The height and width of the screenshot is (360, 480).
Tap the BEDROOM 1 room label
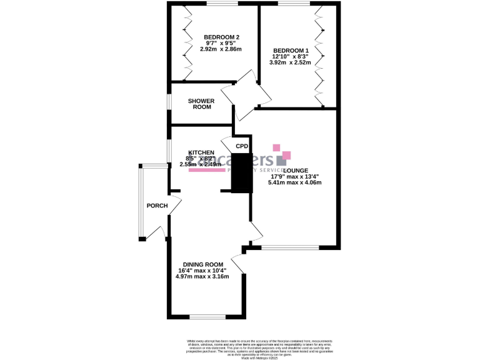click(x=291, y=51)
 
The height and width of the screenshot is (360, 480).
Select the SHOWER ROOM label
click(x=202, y=104)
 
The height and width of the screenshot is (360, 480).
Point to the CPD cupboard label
click(x=242, y=146)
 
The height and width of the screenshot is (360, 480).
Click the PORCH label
click(x=156, y=206)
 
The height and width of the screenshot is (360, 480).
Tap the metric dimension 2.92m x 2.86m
click(x=220, y=49)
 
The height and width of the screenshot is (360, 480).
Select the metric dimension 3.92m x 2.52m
click(x=291, y=63)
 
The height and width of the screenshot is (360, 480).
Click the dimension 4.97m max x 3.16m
click(x=201, y=276)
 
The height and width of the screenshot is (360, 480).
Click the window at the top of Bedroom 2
click(x=222, y=4)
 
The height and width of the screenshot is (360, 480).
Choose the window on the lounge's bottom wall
click(x=290, y=247)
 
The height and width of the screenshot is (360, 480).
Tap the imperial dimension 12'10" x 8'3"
click(x=291, y=57)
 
